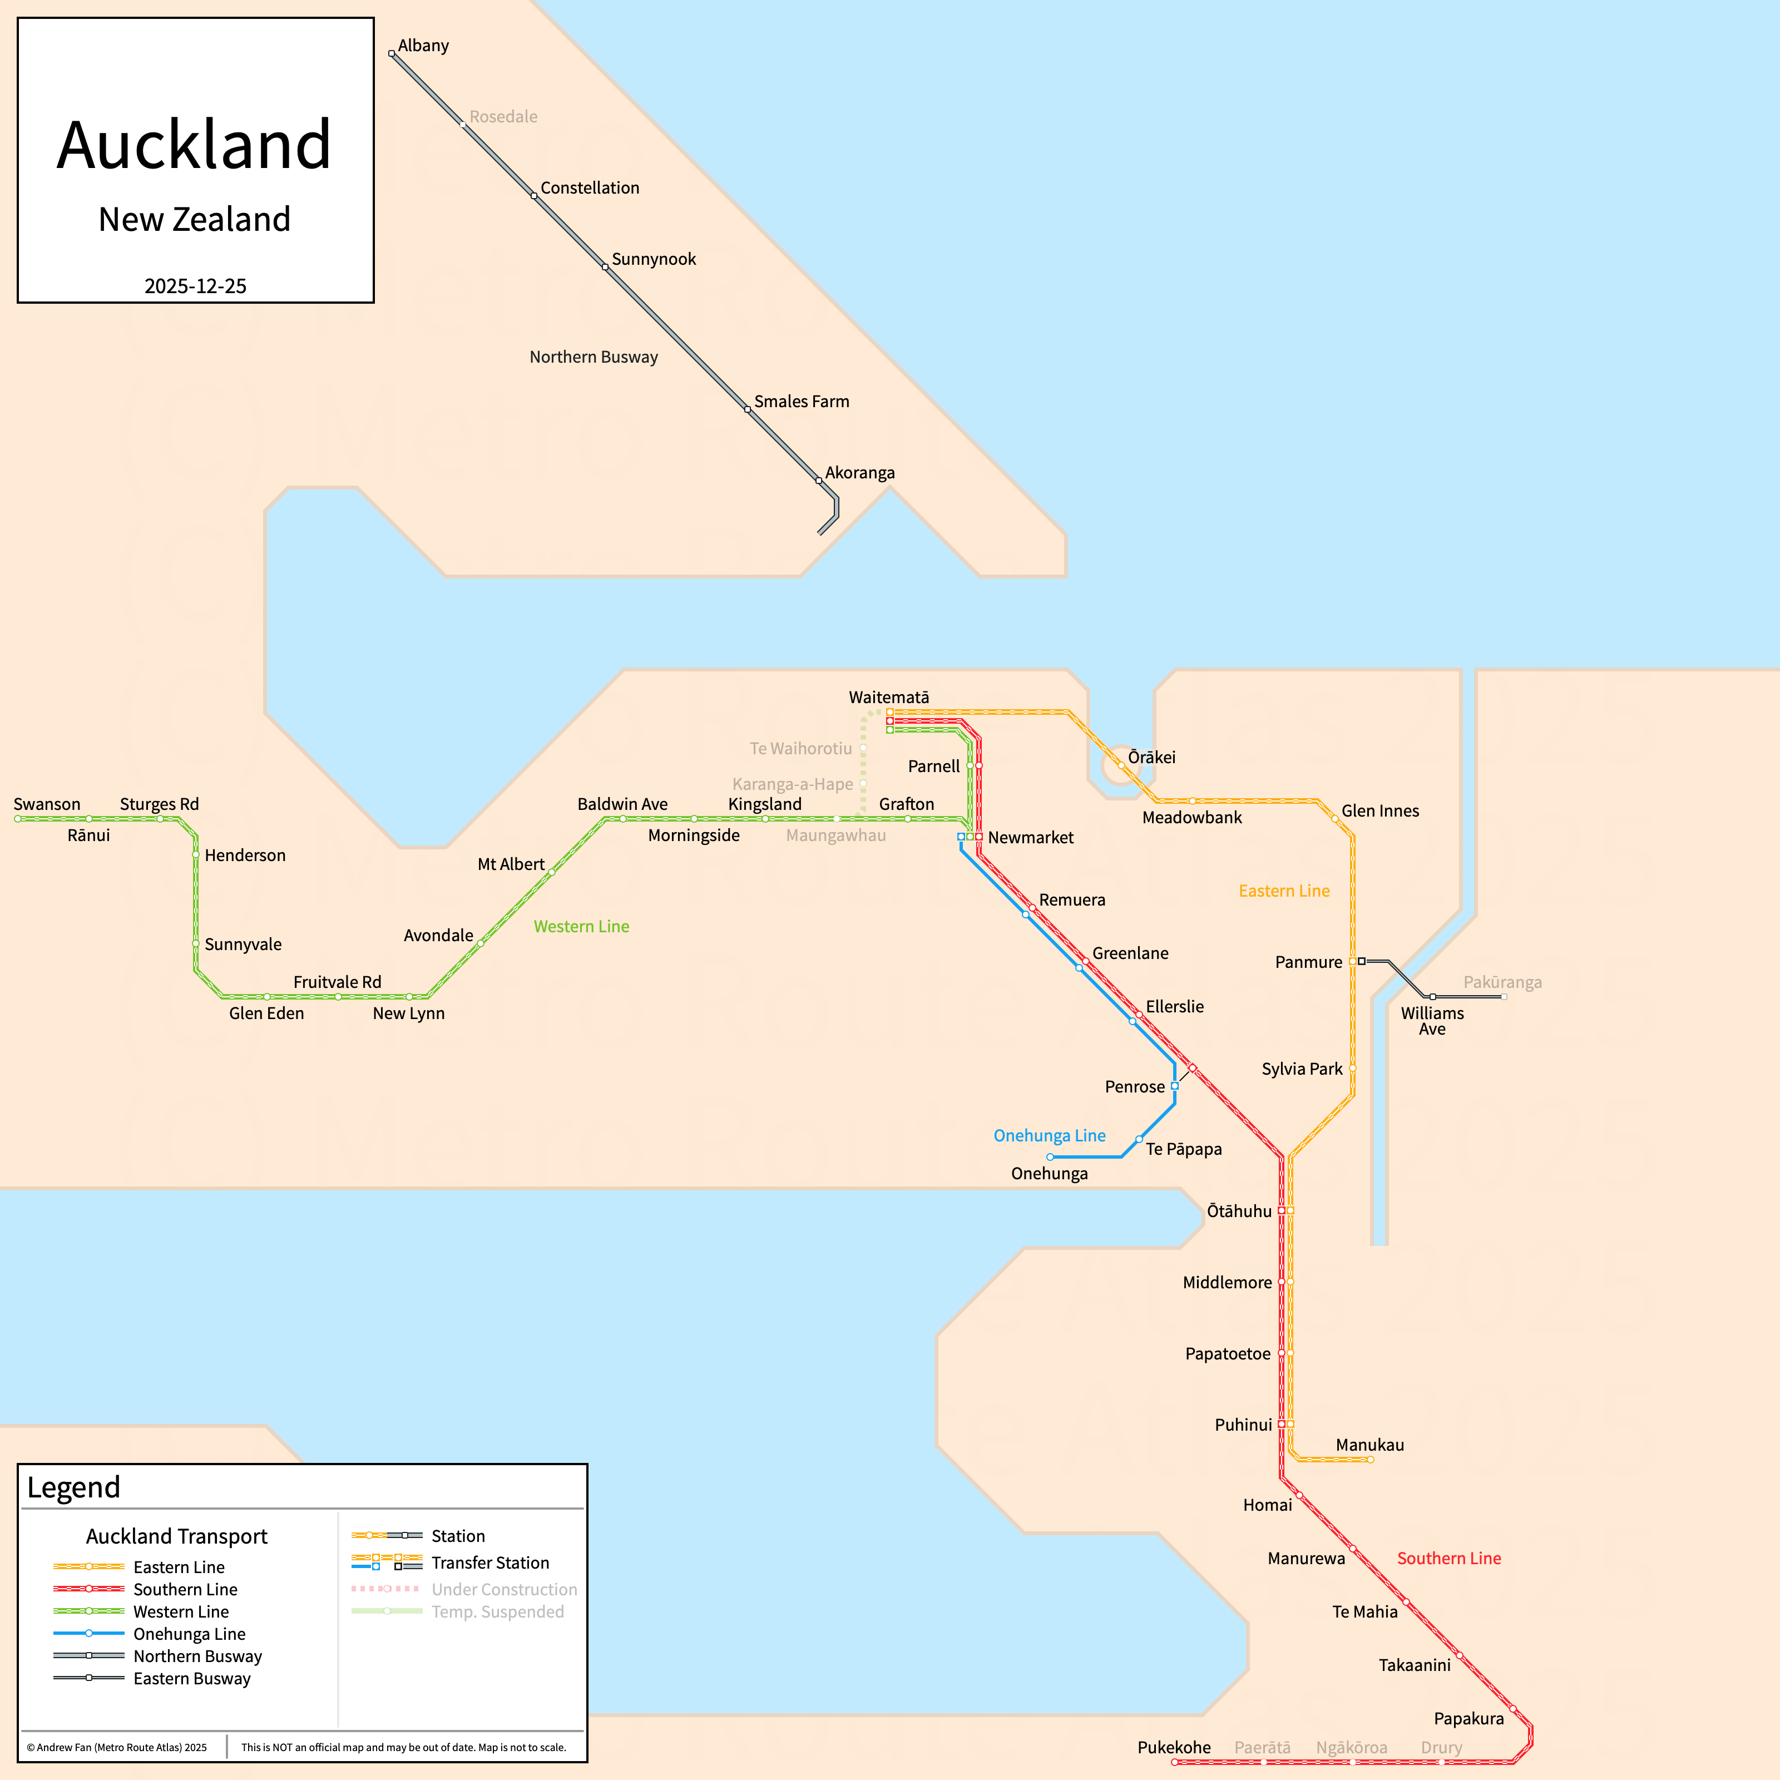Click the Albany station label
click(423, 45)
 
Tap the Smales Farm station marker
click(747, 409)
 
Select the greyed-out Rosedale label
click(503, 117)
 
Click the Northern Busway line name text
click(594, 357)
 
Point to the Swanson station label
click(47, 804)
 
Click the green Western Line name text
click(581, 926)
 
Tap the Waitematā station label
click(888, 698)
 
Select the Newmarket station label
click(1030, 838)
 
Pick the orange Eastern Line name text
click(1283, 891)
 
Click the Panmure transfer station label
click(1308, 962)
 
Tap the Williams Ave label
click(1432, 1021)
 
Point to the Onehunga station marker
click(1050, 1157)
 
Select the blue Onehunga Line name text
click(1050, 1135)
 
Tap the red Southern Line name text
click(1448, 1558)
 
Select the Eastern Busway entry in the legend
click(192, 1679)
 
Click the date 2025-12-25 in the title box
click(195, 285)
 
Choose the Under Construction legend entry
click(504, 1589)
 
